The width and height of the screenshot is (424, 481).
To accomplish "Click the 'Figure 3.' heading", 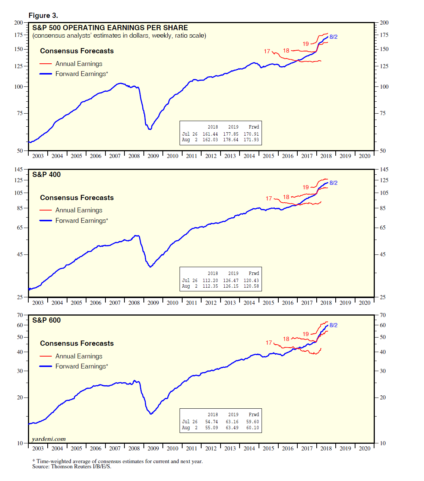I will coord(43,16).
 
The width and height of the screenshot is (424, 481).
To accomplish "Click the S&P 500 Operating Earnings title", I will coord(110,28).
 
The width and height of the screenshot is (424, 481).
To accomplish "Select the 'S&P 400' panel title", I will coord(46,175).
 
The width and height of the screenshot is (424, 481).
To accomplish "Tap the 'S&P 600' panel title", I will coord(46,320).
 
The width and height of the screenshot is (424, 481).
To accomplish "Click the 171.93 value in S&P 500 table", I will coord(251,140).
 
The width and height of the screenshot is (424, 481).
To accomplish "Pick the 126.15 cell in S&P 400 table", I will coord(231,286).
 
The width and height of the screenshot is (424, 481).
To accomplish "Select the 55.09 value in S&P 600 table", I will coord(212,428).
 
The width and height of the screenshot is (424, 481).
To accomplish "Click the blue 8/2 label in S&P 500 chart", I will coord(333,37).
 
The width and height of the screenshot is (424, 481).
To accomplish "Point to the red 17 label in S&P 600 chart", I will coord(269,343).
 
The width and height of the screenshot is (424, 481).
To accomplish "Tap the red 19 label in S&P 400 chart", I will coord(306,187).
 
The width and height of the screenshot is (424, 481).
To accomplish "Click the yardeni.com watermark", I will coord(49,439).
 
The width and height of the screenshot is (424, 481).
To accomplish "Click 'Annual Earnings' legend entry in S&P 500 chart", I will coord(79,64).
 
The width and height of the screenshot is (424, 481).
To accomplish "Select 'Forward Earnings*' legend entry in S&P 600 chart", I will coord(82,366).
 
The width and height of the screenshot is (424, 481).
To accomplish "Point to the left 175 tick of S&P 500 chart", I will coord(19,35).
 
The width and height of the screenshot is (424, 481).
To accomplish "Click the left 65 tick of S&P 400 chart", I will coord(20,228).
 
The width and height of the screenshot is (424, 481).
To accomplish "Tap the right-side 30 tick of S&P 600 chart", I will coord(383,371).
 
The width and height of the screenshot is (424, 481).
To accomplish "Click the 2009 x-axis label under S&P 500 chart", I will coord(153,156).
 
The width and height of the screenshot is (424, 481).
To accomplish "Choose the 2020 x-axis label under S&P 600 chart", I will coord(364,449).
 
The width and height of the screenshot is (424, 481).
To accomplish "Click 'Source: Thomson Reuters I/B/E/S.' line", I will coord(72,466).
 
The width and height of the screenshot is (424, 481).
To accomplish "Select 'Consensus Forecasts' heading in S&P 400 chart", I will coord(77,198).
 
